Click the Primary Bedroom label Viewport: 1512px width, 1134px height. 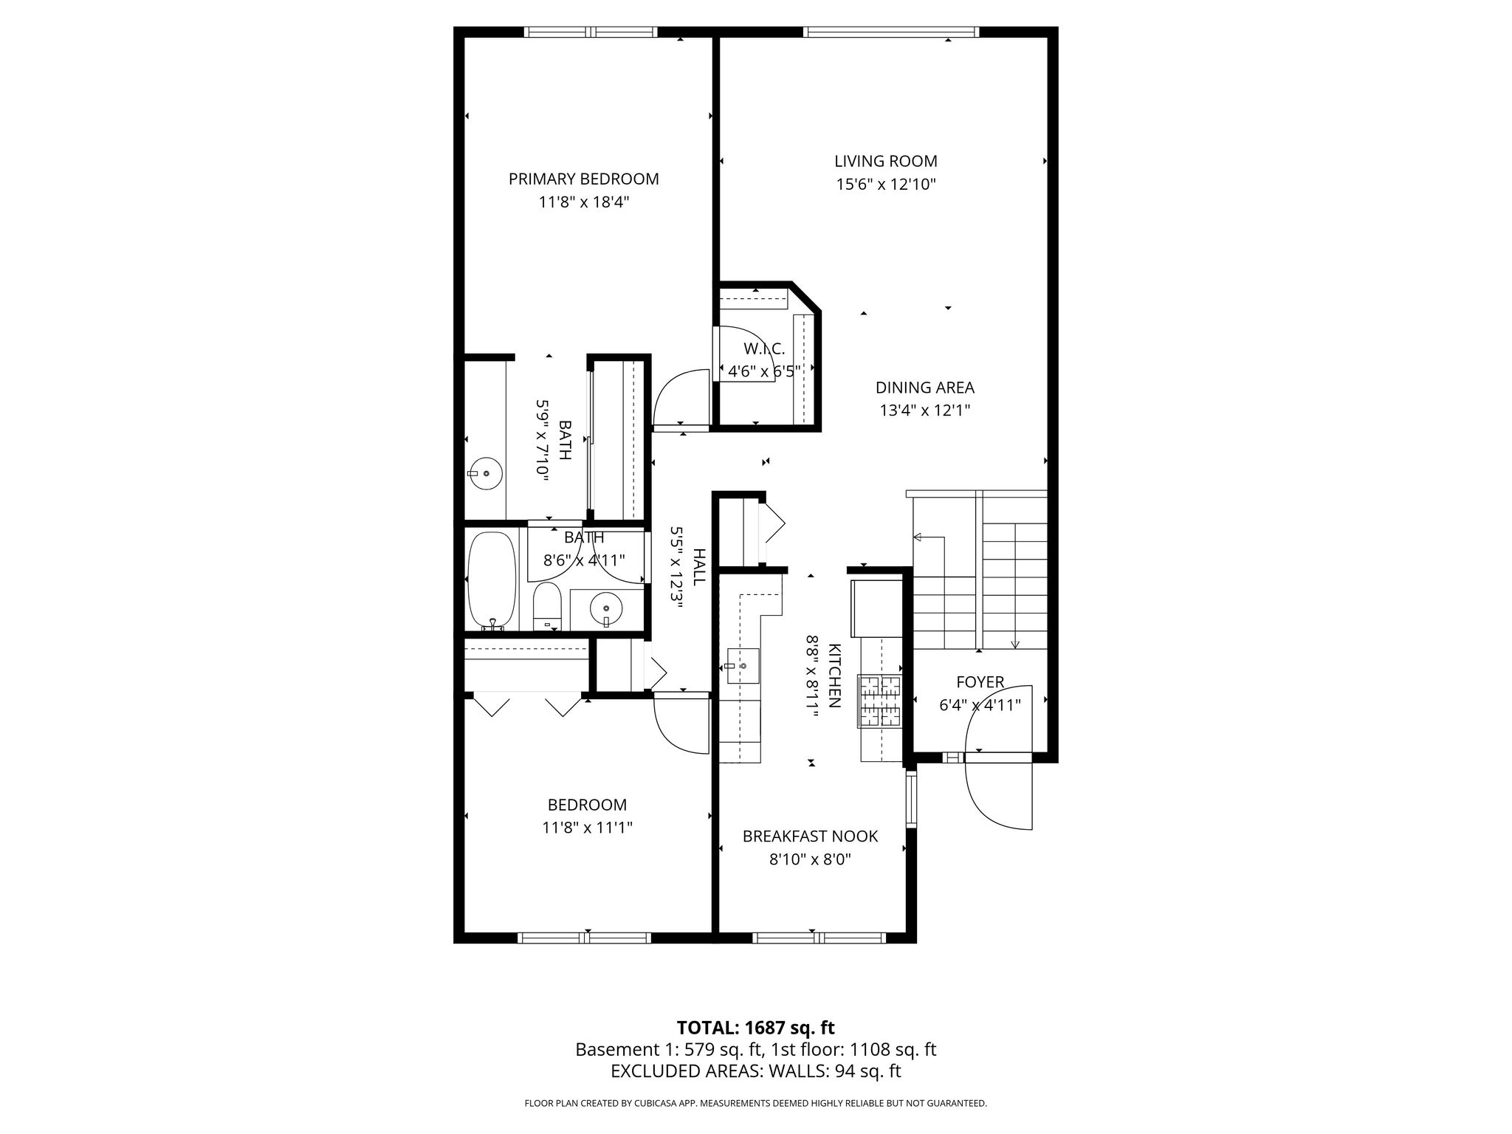[583, 179]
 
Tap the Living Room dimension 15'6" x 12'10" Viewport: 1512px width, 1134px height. [886, 185]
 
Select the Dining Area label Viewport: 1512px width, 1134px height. [924, 388]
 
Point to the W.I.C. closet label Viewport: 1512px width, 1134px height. [764, 348]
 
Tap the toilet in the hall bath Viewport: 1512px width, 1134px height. [547, 606]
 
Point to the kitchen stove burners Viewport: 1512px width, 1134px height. [880, 701]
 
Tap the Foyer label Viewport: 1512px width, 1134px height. [980, 682]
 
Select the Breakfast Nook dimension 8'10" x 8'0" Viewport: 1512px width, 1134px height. [810, 859]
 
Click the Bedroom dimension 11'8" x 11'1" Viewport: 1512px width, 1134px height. [587, 828]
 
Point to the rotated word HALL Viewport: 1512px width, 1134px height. [698, 566]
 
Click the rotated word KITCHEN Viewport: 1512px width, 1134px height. [834, 676]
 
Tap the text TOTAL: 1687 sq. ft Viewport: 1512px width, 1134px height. [755, 1028]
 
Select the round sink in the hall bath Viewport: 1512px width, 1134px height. [606, 609]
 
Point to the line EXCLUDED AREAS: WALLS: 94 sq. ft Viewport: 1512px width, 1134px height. [756, 1071]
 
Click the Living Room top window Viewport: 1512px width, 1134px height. [891, 32]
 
